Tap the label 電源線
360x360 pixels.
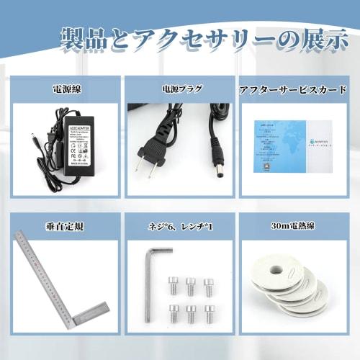tap(66, 90)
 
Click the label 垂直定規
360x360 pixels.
tap(66, 226)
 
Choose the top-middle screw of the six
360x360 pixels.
tap(191, 284)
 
